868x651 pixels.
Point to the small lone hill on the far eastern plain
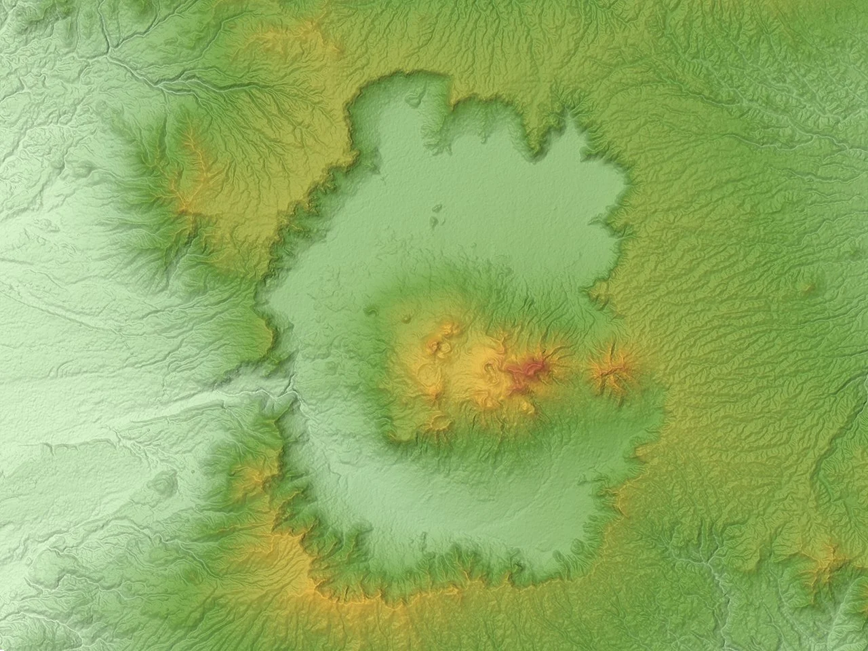pyautogui.click(x=808, y=288)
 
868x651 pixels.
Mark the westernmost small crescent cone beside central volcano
pyautogui.click(x=371, y=311)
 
